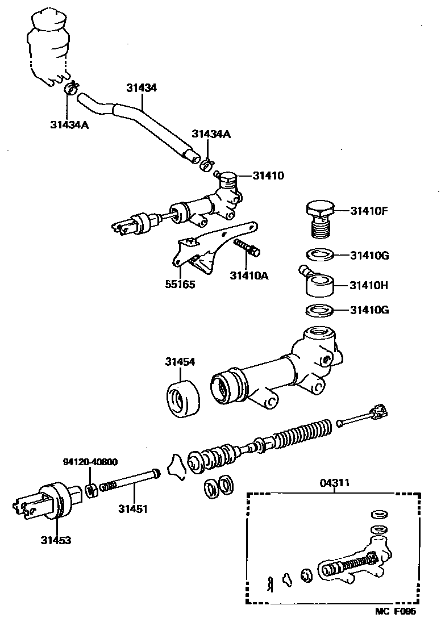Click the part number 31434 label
pyautogui.click(x=142, y=88)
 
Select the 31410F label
pyautogui.click(x=368, y=211)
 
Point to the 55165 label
pyautogui.click(x=180, y=285)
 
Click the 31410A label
pyautogui.click(x=249, y=276)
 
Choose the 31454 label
pyautogui.click(x=180, y=361)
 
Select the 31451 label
pyautogui.click(x=133, y=508)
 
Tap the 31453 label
pyautogui.click(x=56, y=540)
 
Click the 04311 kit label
pyautogui.click(x=334, y=483)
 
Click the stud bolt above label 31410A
pyautogui.click(x=248, y=248)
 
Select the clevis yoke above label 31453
pyautogui.click(x=45, y=500)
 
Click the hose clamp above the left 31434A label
pyautogui.click(x=71, y=88)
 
